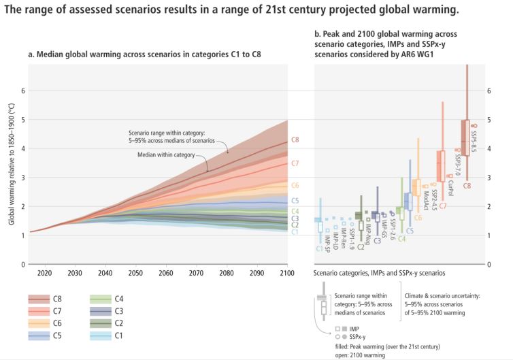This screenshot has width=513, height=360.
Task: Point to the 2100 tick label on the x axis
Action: click(287, 273)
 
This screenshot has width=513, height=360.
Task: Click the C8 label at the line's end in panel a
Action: click(295, 140)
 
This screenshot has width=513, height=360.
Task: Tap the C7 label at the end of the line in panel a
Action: click(295, 163)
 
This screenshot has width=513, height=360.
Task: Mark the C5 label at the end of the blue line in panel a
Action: click(295, 201)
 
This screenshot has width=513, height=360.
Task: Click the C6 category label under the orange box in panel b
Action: click(418, 218)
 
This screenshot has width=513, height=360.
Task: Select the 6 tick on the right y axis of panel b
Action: click(489, 91)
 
